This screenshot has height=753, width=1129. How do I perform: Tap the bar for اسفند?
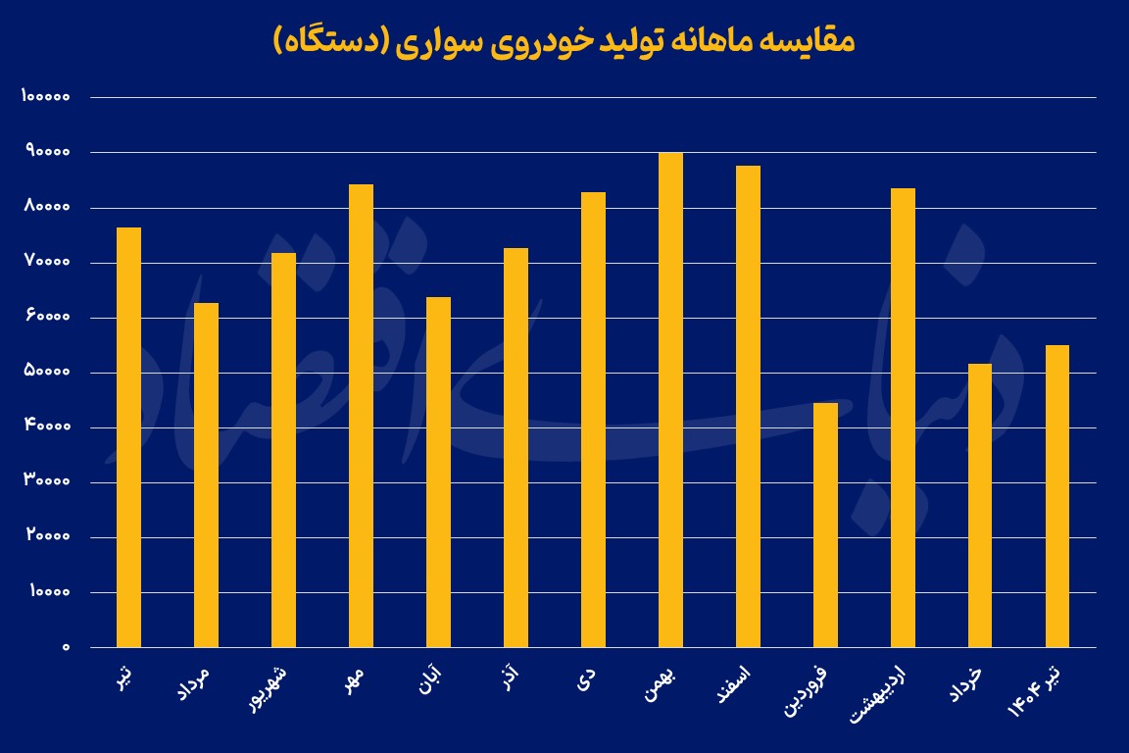pos(748,407)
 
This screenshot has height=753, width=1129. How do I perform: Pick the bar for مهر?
pos(361,416)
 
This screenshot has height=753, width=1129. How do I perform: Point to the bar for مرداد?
pos(206,476)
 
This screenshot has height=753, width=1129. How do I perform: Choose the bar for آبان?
pos(438,473)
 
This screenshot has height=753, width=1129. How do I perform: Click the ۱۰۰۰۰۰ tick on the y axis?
pos(44,97)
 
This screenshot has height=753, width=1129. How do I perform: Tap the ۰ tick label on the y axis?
pos(67,647)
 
